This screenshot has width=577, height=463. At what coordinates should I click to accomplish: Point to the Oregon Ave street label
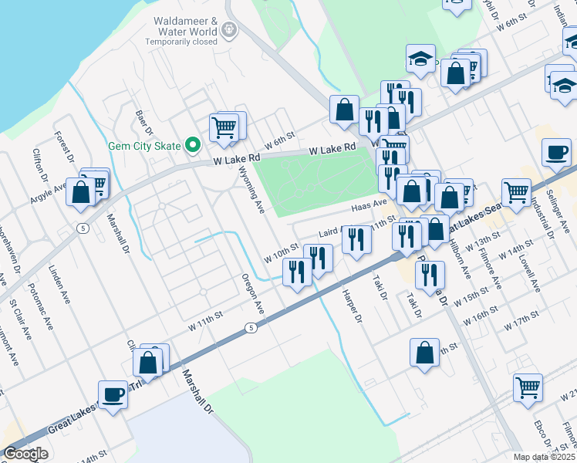pyautogui.click(x=253, y=292)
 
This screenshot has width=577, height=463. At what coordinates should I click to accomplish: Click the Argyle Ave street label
pyautogui.click(x=47, y=193)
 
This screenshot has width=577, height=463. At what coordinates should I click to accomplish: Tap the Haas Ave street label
pyautogui.click(x=368, y=204)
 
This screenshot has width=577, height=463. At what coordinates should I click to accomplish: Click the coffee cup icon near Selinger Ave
pyautogui.click(x=556, y=152)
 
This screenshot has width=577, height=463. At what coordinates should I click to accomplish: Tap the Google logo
pyautogui.click(x=25, y=454)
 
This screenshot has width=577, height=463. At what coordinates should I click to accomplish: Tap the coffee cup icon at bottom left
pyautogui.click(x=113, y=395)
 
